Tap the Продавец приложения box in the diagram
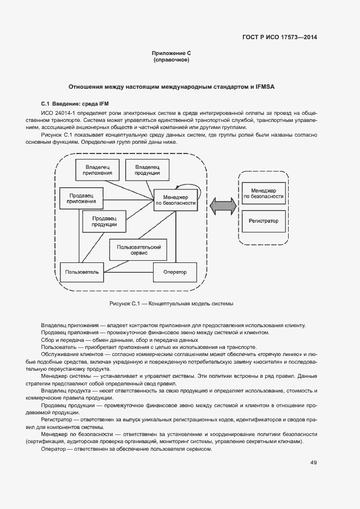click(x=81, y=198)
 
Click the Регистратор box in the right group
click(x=263, y=221)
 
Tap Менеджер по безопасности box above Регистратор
click(x=263, y=193)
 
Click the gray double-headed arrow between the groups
click(x=223, y=206)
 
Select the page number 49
click(x=314, y=463)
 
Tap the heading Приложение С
click(x=172, y=53)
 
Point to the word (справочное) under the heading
click(x=172, y=60)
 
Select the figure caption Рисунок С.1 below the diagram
click(x=171, y=304)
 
